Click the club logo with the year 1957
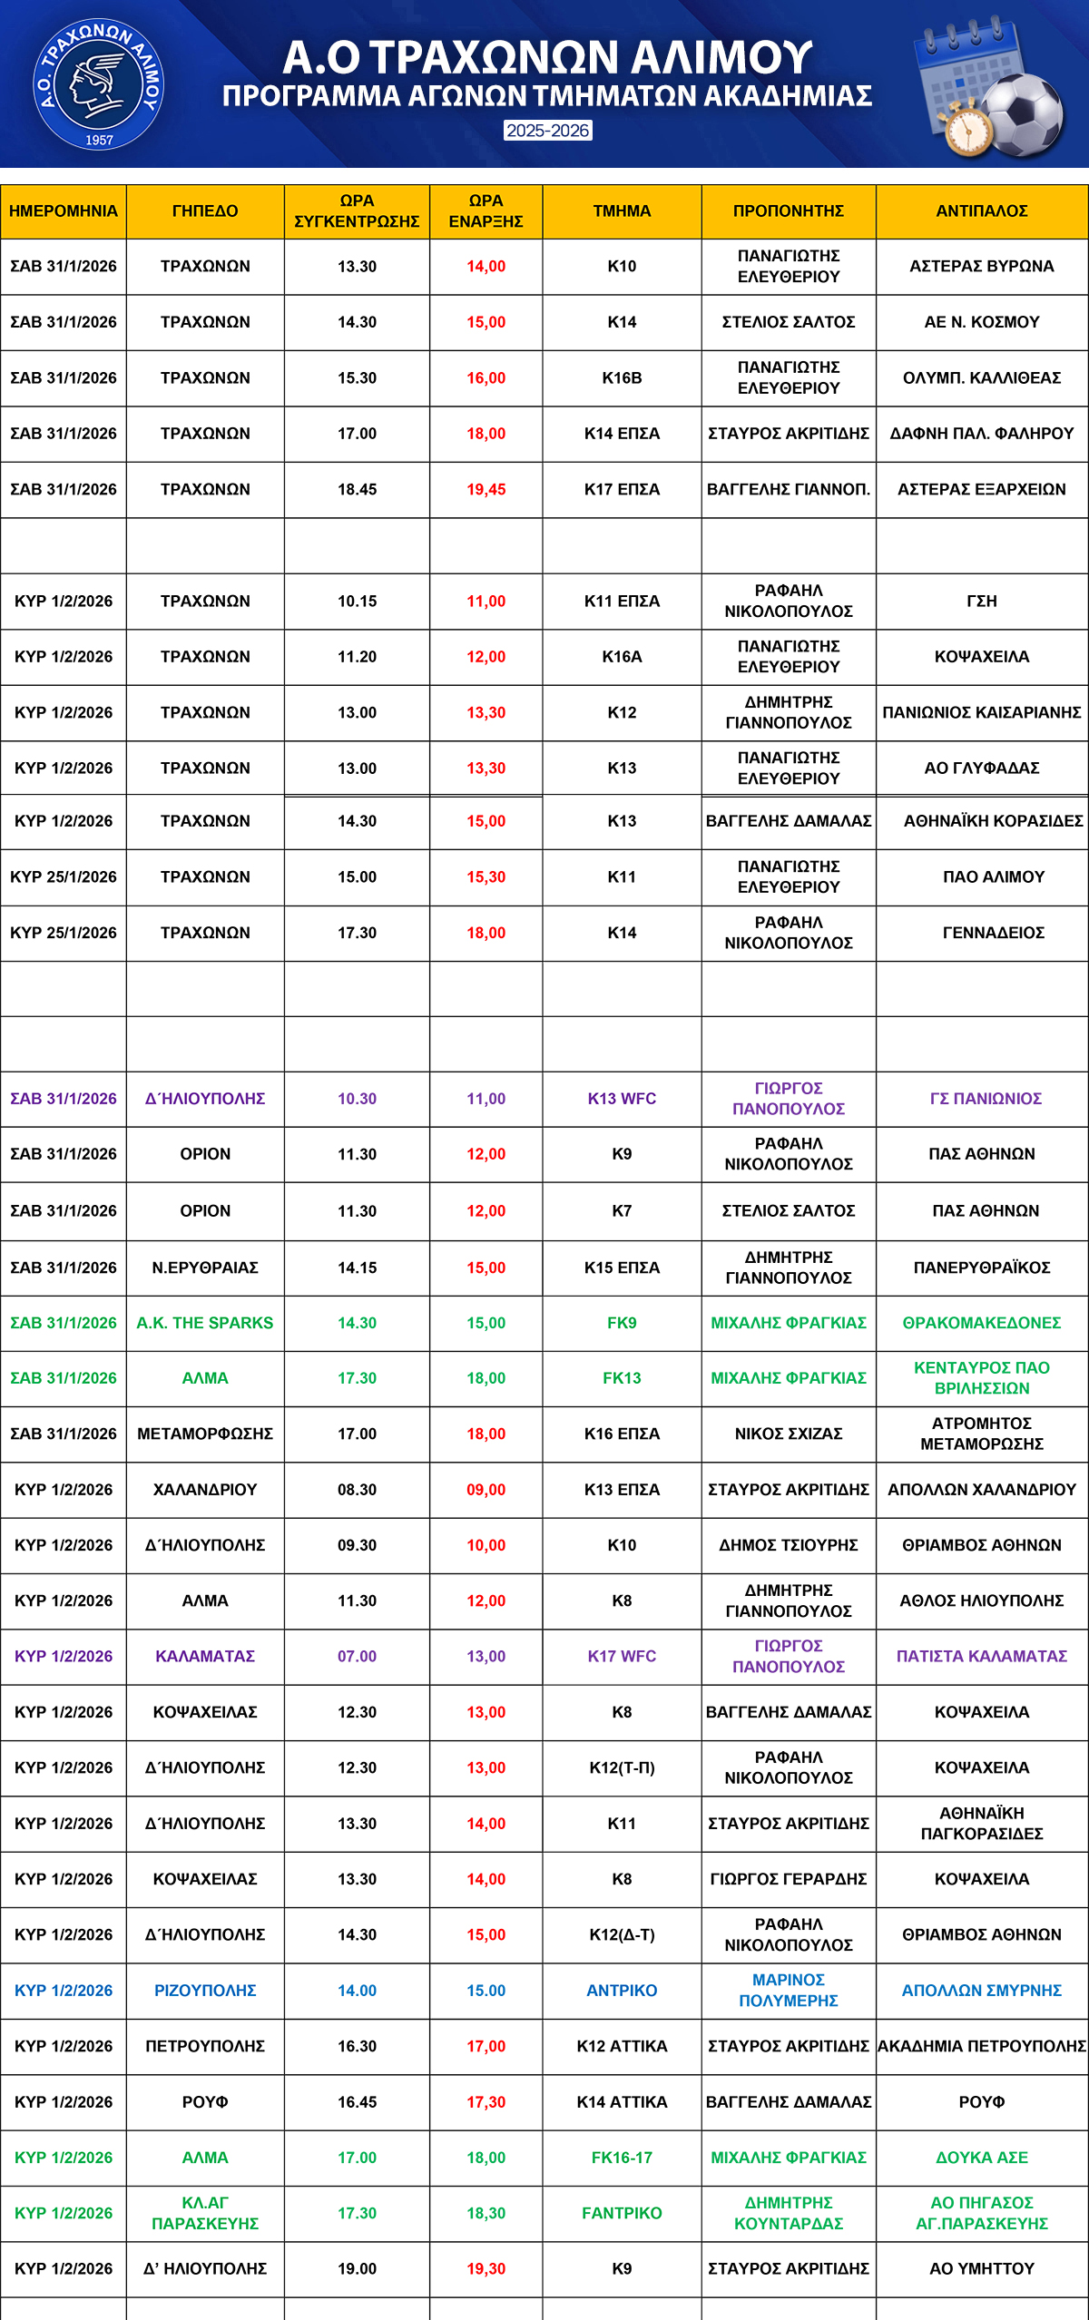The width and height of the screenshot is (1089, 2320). point(98,84)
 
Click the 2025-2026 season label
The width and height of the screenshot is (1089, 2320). point(548,131)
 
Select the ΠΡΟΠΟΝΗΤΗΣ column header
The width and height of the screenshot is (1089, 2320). point(789,211)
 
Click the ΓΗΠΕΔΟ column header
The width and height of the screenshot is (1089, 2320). point(205,211)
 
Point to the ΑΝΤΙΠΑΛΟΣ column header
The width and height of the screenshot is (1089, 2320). point(982,211)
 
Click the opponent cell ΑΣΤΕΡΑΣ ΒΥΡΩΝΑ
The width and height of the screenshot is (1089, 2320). point(982,267)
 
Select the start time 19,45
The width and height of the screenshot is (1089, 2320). point(486,490)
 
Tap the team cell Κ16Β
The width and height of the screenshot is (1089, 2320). point(622,378)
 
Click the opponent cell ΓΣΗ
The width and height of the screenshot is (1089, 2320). point(982,602)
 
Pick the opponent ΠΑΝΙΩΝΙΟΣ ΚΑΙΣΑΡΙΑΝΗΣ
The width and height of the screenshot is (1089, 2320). point(982,713)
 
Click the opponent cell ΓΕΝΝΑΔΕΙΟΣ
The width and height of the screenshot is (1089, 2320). point(994,933)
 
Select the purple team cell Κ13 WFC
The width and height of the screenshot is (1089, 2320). point(622,1099)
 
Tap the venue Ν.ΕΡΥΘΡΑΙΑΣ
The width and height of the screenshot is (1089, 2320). point(205,1268)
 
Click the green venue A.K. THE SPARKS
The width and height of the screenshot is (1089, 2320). point(205,1323)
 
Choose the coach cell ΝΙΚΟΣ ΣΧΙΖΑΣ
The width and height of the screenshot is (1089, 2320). point(789,1434)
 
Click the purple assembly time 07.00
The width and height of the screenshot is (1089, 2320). point(357,1656)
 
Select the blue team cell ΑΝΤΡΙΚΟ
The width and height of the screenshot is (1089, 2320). point(622,1990)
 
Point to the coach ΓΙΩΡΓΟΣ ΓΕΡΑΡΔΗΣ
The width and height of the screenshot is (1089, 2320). point(789,1879)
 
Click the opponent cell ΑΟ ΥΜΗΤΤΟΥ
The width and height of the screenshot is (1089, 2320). point(982,2268)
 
